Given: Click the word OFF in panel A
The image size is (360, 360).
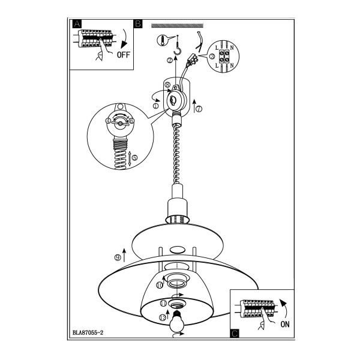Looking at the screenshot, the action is coord(123,55).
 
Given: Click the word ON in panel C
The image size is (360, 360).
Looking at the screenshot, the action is coord(284,324).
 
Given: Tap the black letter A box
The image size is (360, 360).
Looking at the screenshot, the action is coord(77,23).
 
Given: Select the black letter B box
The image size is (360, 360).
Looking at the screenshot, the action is coord(138,23).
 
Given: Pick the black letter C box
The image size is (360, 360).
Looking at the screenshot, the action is coord(235,334).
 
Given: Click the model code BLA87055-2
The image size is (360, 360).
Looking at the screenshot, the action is coord(88,332).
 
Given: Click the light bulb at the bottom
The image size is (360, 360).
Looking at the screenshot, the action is coord(176,322).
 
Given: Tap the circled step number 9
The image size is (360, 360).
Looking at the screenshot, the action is coord(118,258).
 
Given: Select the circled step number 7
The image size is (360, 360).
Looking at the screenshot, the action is coord(199,109).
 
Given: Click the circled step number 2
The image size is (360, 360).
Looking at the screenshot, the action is coord(170,61).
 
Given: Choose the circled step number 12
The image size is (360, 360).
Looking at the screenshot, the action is coord(163,317).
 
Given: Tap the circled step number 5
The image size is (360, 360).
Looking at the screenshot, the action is coord(135,157).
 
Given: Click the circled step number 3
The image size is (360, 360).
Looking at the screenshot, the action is coord(212,56).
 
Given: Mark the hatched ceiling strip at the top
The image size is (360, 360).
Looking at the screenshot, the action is coord(177,25).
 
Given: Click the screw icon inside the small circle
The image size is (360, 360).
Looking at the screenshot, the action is coord(163,40).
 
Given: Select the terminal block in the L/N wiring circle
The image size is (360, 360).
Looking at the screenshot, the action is coord(224,56).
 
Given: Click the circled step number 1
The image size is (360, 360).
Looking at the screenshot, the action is coord(155,106).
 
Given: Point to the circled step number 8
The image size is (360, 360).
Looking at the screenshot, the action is coord(167,85).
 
